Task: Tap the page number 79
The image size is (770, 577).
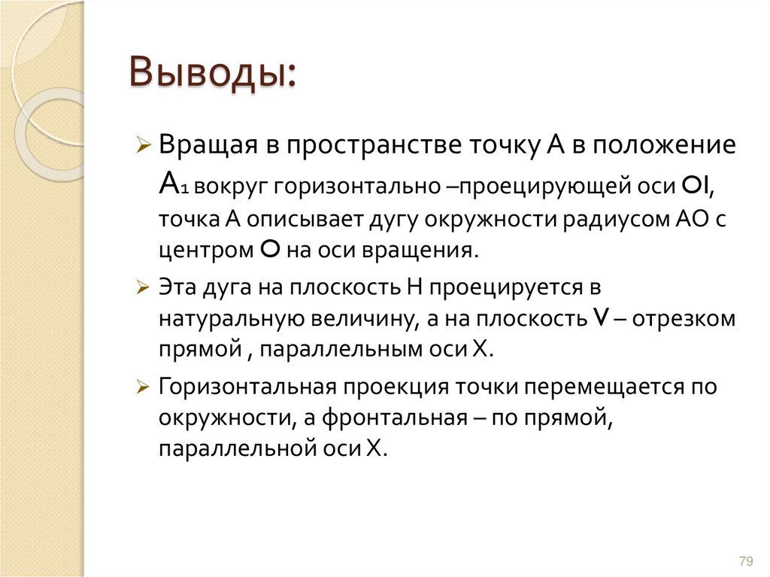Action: tap(746, 560)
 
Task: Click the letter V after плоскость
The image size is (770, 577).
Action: tap(600, 318)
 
